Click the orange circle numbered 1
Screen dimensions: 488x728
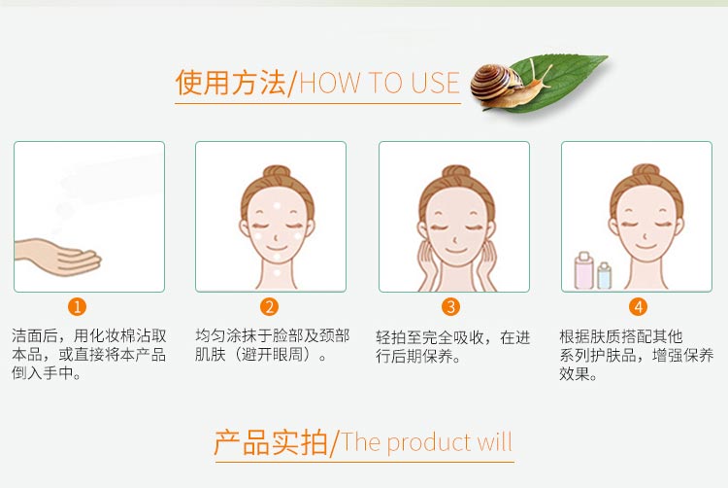click(78, 307)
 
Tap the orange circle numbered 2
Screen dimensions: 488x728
click(270, 307)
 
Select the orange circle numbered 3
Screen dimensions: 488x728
click(450, 307)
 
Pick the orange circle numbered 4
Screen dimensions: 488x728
click(638, 307)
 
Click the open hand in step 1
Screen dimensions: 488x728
click(58, 257)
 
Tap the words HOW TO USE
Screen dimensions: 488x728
click(380, 84)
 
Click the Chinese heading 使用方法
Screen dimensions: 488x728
click(231, 83)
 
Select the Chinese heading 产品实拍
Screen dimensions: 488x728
click(270, 442)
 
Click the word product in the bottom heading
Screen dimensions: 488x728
click(431, 443)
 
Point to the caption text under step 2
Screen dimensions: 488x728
click(273, 344)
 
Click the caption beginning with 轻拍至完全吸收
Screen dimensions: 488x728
click(452, 346)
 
